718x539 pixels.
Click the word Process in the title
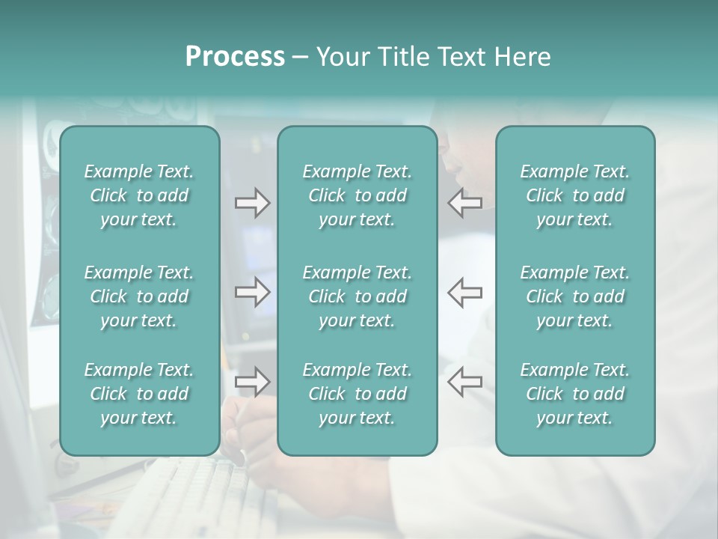[235, 57]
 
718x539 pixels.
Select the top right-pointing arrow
[252, 203]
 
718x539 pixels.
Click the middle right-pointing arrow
[252, 292]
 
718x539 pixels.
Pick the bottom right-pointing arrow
[252, 382]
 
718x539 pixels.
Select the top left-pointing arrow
[465, 203]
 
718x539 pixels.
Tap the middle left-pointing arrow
[465, 292]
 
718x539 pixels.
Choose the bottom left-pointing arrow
[465, 382]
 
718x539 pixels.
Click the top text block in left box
[139, 195]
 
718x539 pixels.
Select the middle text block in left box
[139, 296]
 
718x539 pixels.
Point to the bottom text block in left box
[139, 394]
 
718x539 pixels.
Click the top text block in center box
[357, 195]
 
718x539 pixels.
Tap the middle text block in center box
[357, 296]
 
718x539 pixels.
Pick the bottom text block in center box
[357, 394]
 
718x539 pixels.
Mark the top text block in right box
[574, 195]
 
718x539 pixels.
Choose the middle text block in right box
[574, 296]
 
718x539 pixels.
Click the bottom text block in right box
[574, 394]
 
